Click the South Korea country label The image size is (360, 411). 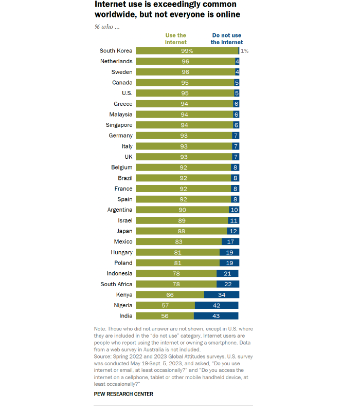116,51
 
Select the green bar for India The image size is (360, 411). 165,316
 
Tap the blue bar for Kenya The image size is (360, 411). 222,295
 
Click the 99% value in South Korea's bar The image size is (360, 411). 186,51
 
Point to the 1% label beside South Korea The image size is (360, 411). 245,51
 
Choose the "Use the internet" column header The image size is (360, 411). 175,39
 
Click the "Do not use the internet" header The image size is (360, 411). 227,39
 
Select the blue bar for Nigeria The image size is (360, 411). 217,306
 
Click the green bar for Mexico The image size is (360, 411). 178,242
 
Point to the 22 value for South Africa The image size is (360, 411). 228,284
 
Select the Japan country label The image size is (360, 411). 125,231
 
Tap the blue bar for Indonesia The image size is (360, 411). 227,274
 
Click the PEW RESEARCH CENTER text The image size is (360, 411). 123,394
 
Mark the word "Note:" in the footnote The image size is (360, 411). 100,328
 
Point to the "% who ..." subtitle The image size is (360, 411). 106,26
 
